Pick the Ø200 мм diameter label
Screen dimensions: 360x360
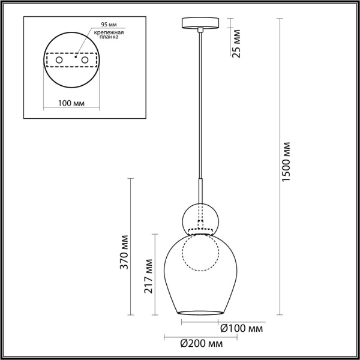202,344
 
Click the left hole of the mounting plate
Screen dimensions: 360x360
58,61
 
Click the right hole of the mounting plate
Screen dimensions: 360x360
85,61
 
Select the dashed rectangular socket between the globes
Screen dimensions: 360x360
200,231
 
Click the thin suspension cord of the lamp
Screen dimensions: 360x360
200,102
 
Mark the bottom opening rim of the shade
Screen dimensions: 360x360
200,312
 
